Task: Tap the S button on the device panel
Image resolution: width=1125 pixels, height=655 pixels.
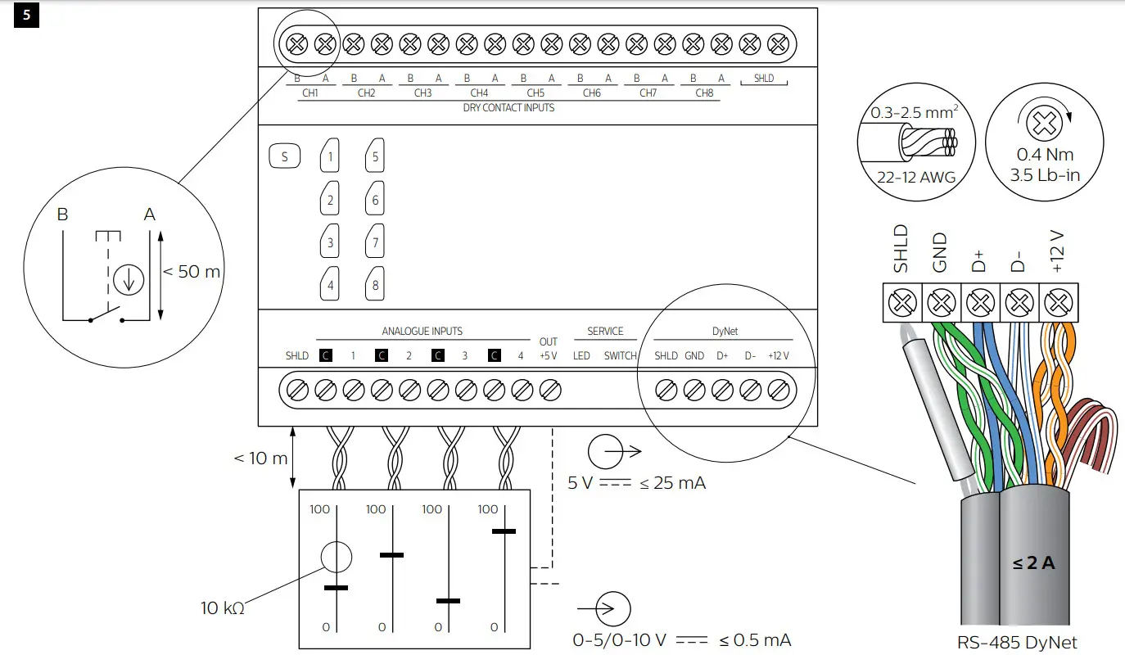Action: pos(284,156)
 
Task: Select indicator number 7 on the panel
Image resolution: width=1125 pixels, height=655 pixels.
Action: pos(375,242)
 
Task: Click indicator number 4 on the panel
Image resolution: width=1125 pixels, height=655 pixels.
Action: pos(330,285)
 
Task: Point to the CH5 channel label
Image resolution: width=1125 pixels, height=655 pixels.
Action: pos(535,93)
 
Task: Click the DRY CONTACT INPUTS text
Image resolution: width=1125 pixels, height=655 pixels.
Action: pos(508,107)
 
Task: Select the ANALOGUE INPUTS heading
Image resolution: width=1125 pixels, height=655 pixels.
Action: pos(422,332)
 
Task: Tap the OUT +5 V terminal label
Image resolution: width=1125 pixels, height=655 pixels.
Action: pos(548,349)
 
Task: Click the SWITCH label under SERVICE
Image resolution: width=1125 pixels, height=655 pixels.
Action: pos(620,356)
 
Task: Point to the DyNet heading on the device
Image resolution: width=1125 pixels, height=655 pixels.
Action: pos(725,332)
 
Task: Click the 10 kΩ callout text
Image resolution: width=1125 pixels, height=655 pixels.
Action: pos(222,608)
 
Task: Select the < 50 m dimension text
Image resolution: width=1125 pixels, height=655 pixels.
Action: pos(192,272)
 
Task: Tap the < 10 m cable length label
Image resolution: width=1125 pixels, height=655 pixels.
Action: pos(260,458)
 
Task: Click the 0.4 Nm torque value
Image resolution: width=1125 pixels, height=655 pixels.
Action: pos(1044,155)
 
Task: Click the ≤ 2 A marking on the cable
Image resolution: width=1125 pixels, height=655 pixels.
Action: pos(1033,563)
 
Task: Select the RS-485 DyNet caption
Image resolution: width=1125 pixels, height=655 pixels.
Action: pos(1016,643)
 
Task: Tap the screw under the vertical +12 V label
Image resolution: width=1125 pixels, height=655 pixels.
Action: pos(1058,303)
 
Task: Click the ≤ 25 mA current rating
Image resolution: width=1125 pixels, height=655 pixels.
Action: pos(672,483)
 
